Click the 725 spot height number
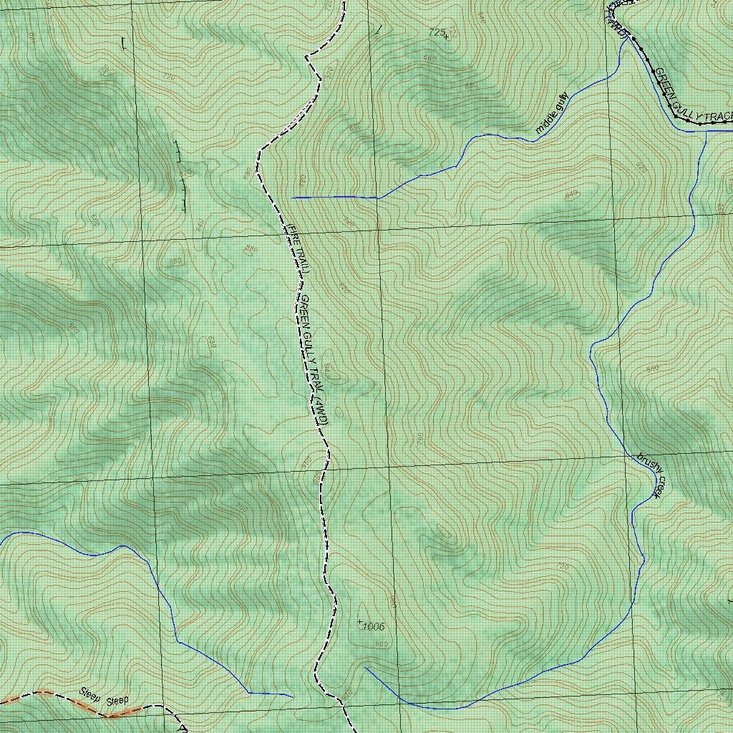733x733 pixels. pos(435,31)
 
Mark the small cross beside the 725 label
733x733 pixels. pos(447,35)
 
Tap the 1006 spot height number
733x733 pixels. pos(373,627)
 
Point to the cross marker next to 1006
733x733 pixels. pos(359,622)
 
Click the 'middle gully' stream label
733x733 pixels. pos(552,113)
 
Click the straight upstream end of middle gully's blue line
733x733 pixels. pos(293,197)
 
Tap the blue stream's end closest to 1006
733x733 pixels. pos(366,668)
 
